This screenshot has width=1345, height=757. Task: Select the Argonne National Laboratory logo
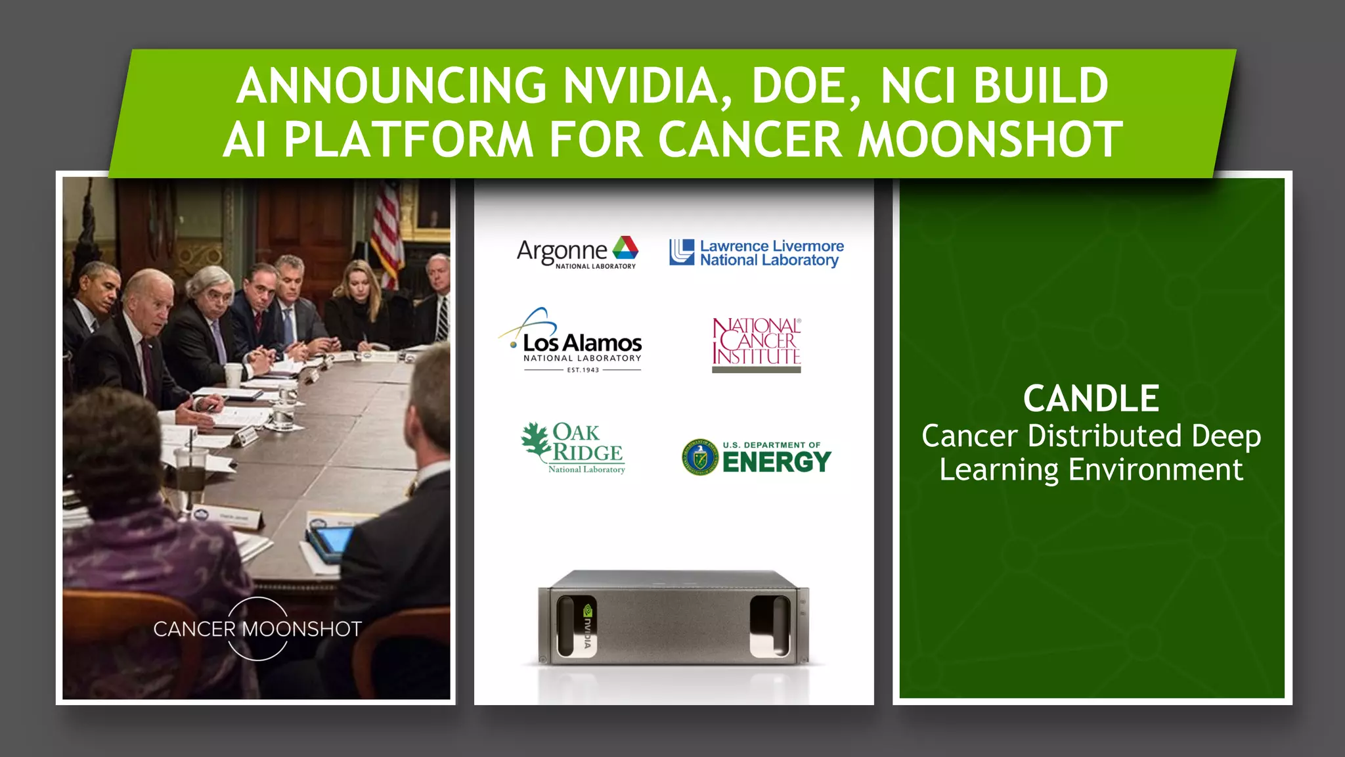click(x=577, y=252)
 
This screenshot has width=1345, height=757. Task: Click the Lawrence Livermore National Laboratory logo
click(x=757, y=253)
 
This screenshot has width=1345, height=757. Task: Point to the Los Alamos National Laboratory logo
click(x=571, y=342)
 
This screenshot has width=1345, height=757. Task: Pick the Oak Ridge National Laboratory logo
click(x=573, y=447)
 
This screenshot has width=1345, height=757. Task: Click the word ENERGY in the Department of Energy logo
click(x=777, y=462)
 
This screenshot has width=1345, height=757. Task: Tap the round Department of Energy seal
click(x=700, y=457)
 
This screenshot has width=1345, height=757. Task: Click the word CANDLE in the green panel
click(x=1091, y=398)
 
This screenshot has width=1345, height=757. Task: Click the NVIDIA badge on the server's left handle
click(x=587, y=626)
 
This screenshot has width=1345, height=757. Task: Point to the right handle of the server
click(x=770, y=626)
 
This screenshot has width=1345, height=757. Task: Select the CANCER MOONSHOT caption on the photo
click(x=257, y=629)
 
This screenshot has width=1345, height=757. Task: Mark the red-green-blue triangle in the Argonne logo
click(x=625, y=248)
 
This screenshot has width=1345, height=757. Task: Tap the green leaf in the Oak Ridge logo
click(x=536, y=440)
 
